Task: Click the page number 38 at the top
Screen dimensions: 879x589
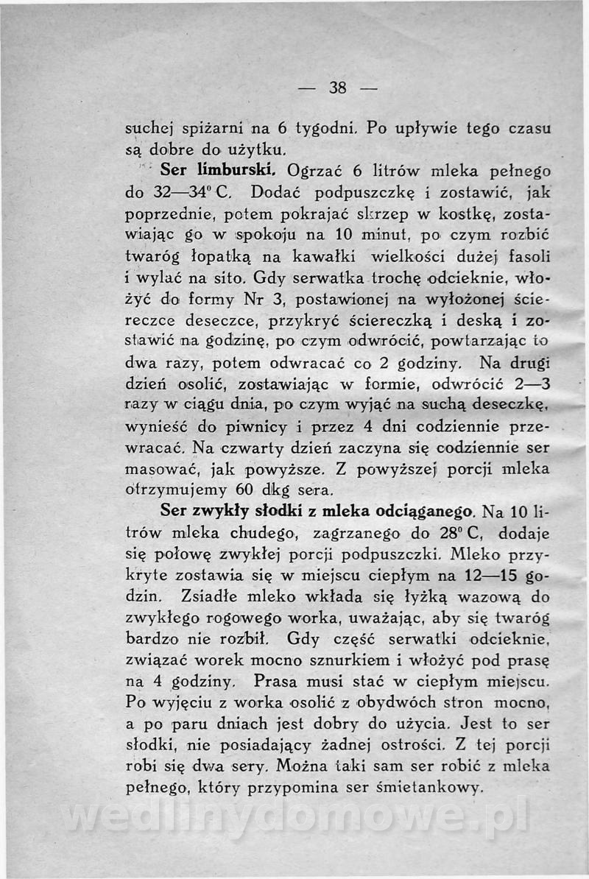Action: [x=338, y=88]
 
